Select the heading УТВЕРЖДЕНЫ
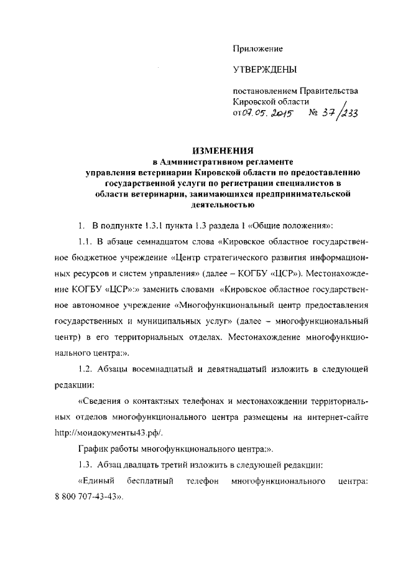[264, 70]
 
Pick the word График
[95, 449]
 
